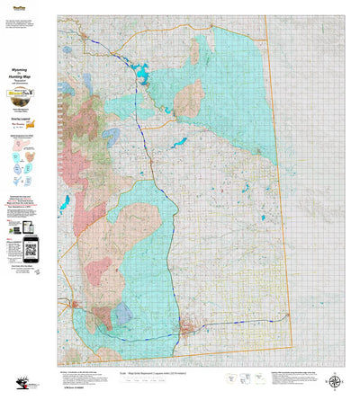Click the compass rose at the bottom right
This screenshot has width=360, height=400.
[336, 384]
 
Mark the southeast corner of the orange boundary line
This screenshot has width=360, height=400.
[293, 349]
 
